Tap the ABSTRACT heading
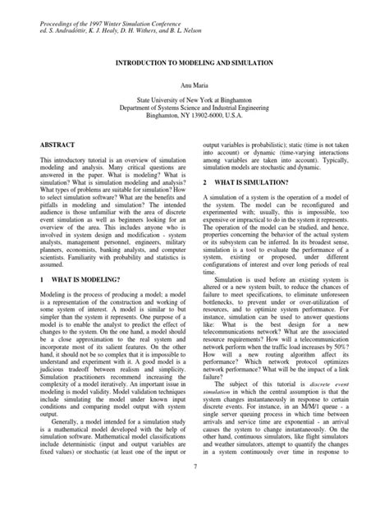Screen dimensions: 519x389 pyautogui.click(x=58, y=144)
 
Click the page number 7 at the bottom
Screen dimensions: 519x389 pyautogui.click(x=194, y=490)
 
